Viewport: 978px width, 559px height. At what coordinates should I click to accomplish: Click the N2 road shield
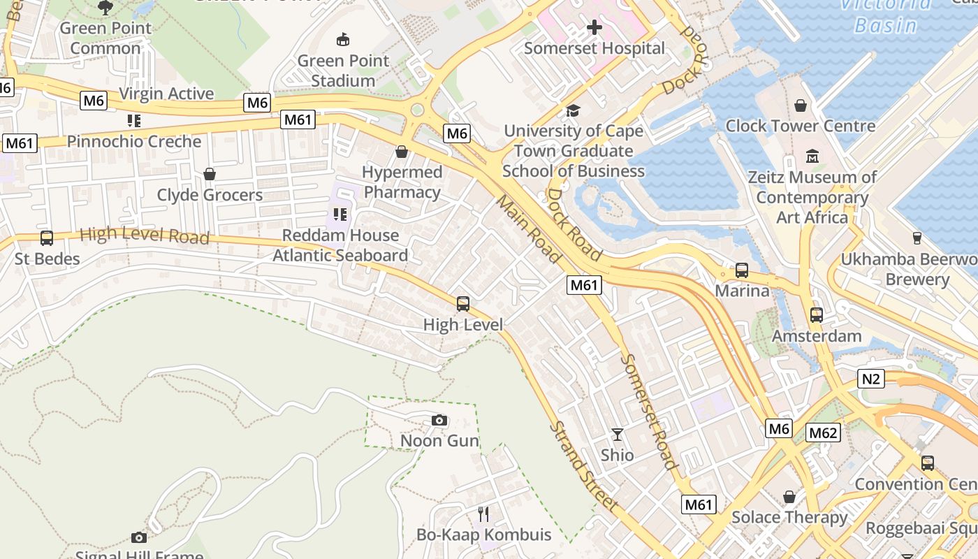click(x=870, y=379)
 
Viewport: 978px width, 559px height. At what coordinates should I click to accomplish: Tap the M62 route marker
click(x=822, y=433)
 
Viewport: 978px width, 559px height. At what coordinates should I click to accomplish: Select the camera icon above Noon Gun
click(x=439, y=420)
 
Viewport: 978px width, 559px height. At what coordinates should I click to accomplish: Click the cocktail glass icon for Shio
click(x=617, y=434)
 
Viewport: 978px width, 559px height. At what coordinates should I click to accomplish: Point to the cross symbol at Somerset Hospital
click(x=594, y=27)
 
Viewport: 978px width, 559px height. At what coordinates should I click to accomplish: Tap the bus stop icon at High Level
click(x=462, y=304)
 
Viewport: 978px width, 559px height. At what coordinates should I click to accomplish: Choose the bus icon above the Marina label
click(x=742, y=270)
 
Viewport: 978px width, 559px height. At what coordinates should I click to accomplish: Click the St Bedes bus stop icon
click(x=47, y=238)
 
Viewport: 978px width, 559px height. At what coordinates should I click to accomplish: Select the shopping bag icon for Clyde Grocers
click(x=209, y=174)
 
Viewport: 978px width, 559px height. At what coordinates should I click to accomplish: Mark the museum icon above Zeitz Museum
click(x=812, y=156)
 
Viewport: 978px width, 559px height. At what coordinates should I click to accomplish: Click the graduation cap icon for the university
click(x=573, y=110)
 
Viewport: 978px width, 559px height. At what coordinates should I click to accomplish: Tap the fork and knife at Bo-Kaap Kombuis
click(x=483, y=514)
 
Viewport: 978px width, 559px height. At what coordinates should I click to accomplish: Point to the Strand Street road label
click(x=583, y=465)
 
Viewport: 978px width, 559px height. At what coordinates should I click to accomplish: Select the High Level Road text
click(x=145, y=235)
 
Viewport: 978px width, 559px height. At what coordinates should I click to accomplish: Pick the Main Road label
click(x=529, y=228)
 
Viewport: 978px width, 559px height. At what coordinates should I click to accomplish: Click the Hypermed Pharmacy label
click(x=402, y=182)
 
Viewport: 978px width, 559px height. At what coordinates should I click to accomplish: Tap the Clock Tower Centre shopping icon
click(x=800, y=106)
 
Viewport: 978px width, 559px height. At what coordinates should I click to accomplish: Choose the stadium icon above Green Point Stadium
click(x=342, y=39)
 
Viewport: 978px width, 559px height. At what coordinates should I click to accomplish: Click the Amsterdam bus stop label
click(x=816, y=336)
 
